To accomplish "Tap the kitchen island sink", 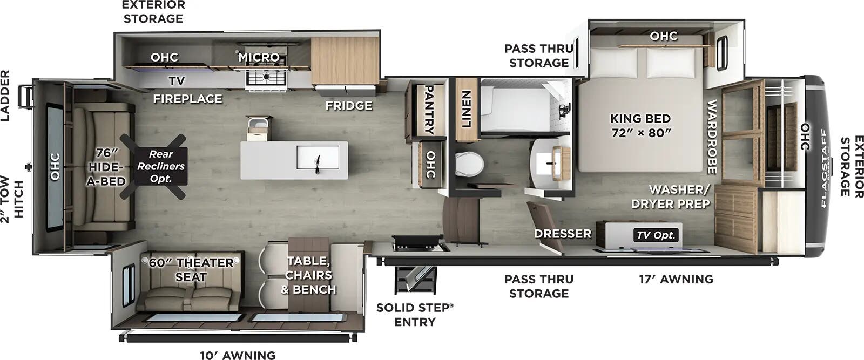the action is (318, 157).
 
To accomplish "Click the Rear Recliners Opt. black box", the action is (161, 166).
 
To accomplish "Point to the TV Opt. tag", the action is (656, 235).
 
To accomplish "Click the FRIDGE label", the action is (349, 105).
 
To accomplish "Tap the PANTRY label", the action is (429, 110).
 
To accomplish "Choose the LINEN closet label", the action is (467, 108).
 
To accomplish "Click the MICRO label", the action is (259, 57).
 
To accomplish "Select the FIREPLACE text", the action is (187, 99).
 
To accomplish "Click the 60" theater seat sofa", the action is (189, 281).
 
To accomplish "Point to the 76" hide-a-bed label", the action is (106, 167).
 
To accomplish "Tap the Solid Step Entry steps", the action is (415, 280).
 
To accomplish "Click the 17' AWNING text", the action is (676, 279).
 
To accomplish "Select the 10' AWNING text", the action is (238, 355).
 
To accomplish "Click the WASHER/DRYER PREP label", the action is (670, 196).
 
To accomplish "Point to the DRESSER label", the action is (563, 233).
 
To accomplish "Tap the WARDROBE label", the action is (712, 137).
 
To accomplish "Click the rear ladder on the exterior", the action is (26, 97).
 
